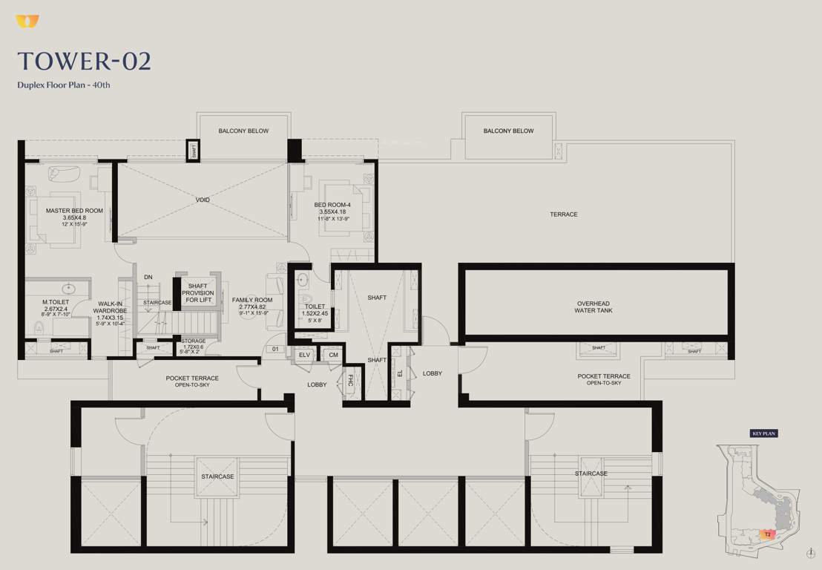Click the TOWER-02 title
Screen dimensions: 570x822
point(84,61)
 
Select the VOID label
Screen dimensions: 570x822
point(203,200)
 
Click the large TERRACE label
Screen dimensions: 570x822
point(563,214)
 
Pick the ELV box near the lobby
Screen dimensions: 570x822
point(304,356)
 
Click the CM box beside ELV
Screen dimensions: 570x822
point(333,356)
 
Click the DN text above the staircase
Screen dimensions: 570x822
point(148,277)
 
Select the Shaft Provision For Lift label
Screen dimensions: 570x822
point(199,293)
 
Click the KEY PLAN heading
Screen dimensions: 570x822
point(763,433)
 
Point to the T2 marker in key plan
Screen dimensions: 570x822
point(769,534)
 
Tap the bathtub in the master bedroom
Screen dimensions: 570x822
point(65,174)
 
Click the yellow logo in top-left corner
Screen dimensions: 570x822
point(27,22)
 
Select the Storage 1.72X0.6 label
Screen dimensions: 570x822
point(194,344)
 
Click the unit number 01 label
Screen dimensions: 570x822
point(274,348)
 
